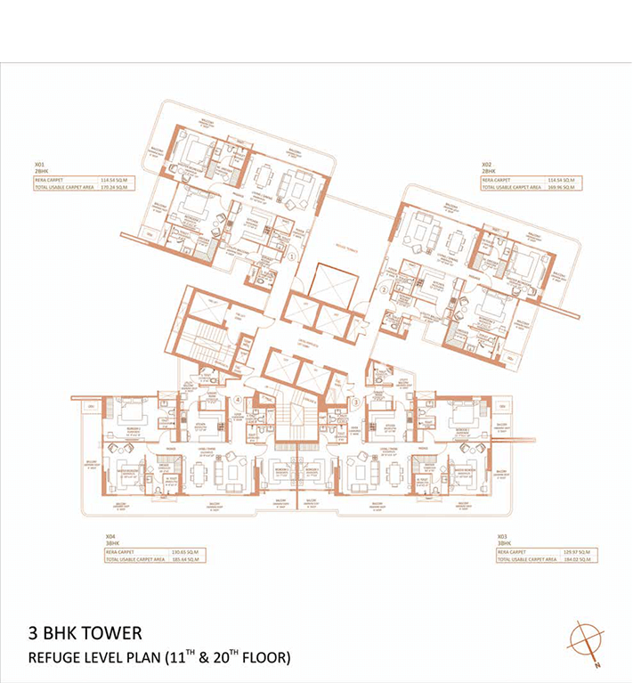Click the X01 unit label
(x=39, y=165)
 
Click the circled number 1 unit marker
(x=292, y=256)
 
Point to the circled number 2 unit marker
(x=383, y=289)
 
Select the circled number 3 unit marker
(x=355, y=402)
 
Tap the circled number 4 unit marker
(x=238, y=401)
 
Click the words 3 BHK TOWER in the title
(x=85, y=633)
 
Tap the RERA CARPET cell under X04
(x=123, y=551)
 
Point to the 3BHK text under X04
(x=111, y=543)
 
